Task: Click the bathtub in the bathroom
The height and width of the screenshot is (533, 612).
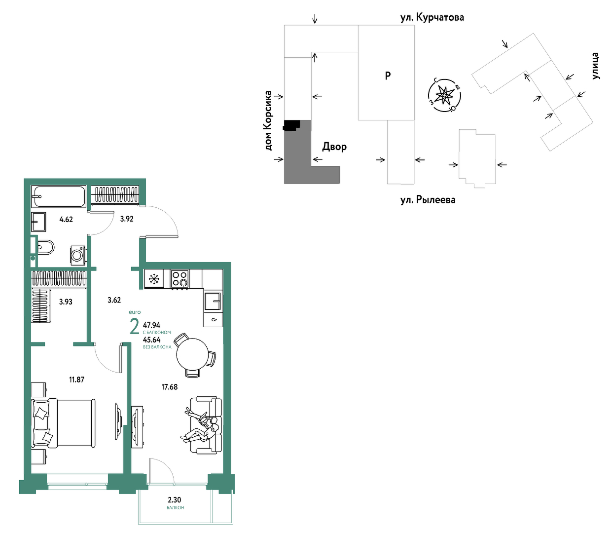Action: [x=59, y=196]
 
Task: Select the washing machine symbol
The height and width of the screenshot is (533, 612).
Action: [x=78, y=255]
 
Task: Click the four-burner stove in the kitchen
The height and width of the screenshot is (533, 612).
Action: [x=180, y=279]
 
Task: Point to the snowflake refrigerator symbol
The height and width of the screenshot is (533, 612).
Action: [x=154, y=279]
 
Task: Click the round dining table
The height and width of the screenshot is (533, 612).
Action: [x=192, y=354]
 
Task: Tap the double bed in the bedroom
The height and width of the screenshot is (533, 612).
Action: [x=63, y=423]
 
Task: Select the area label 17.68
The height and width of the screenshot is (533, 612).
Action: [x=169, y=387]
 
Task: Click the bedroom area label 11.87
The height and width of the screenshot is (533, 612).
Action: [x=76, y=380]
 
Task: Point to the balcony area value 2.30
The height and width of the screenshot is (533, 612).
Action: [x=175, y=500]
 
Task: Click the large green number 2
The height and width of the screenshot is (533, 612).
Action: [x=135, y=327]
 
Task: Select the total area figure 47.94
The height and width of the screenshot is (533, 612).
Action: [x=152, y=325]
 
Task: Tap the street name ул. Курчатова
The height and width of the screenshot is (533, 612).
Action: [x=432, y=18]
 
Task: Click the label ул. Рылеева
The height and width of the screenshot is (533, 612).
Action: [x=428, y=199]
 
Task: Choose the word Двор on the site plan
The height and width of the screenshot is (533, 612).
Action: [x=334, y=147]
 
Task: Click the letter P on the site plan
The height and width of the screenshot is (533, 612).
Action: [x=388, y=76]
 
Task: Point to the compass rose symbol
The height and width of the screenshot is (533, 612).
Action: [x=444, y=95]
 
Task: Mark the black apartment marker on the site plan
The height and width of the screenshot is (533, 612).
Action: [x=291, y=125]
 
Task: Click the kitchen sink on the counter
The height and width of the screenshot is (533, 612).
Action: [x=213, y=301]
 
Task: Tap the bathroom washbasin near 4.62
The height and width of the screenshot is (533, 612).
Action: [x=38, y=222]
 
